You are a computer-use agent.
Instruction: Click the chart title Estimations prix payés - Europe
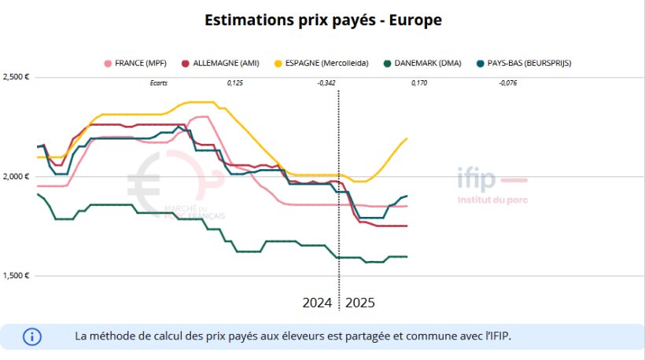point(322,20)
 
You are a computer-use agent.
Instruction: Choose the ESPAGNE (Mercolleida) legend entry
point(321,62)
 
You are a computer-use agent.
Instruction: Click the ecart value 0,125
point(234,83)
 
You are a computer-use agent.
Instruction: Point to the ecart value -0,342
point(326,83)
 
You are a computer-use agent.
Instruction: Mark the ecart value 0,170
point(419,83)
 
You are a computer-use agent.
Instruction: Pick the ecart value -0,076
point(507,83)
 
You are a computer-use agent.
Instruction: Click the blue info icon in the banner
point(32,336)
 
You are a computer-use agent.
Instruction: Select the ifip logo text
point(477,180)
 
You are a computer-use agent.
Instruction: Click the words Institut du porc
point(492,200)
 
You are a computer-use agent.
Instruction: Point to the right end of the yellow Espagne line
point(407,139)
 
